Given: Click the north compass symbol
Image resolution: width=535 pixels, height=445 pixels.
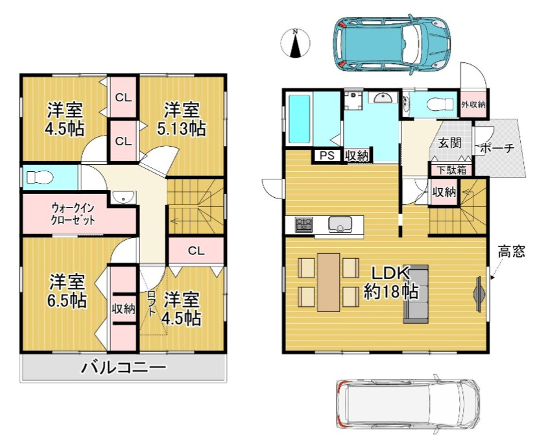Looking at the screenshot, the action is coord(296,43).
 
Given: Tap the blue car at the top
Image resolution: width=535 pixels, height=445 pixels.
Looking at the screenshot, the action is coord(392,44).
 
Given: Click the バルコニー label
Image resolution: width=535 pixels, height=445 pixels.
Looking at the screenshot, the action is coord(124,367).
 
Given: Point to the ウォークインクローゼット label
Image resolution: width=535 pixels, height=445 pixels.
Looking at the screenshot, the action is coord(73,214).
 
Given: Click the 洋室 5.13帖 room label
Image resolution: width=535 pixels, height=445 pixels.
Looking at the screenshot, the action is coord(182,119).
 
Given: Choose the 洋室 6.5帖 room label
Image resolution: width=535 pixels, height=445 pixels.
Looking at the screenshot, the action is coord(67,291).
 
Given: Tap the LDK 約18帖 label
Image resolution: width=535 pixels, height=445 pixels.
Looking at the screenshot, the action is coord(390,282).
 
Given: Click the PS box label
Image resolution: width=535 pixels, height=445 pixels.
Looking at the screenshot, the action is coord(327,156).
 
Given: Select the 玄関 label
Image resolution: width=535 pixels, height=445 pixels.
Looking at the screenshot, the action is coord(449,143).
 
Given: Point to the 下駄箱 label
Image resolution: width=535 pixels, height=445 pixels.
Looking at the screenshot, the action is coord(452,170).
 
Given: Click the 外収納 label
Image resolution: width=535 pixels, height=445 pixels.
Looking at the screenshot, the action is coord(473,104).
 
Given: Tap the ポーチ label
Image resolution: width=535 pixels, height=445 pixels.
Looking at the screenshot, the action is coord(497,148).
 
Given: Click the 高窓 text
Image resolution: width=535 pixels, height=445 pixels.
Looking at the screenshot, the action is coord(511,252).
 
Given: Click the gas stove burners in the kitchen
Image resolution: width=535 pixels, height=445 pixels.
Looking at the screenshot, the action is coord(303,225).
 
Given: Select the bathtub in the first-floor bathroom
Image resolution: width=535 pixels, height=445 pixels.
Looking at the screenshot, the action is coord(300,119).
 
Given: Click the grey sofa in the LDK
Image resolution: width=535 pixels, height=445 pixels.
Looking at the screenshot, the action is coord(416,294).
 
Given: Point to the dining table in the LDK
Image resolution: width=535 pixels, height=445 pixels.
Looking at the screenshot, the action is coord(329,282).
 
